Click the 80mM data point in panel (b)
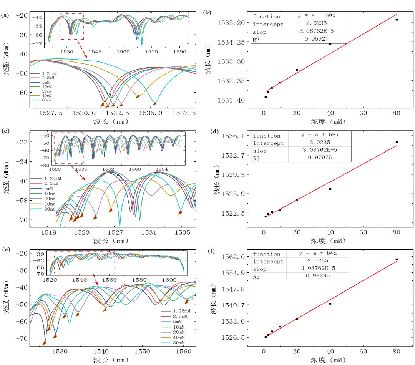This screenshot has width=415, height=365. (397, 20)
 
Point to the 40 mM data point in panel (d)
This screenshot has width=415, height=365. (330, 189)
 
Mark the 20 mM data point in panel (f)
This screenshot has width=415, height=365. (297, 319)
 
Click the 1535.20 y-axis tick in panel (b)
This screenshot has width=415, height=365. (233, 23)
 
